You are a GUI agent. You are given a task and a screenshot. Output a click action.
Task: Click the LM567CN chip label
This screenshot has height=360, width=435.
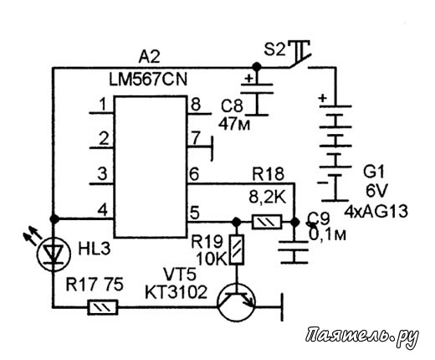148,80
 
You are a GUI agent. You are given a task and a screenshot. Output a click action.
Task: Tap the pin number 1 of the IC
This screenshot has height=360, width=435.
103,105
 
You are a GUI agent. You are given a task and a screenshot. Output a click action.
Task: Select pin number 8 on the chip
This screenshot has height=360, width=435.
196,105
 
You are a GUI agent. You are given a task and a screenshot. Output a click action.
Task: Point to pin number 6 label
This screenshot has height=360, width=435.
194,174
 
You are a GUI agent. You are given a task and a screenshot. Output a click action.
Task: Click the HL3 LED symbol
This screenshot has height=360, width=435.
53,254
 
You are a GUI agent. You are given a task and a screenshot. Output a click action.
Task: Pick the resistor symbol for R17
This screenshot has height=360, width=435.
103,307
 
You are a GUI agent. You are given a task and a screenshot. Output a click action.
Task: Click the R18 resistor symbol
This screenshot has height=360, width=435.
267,222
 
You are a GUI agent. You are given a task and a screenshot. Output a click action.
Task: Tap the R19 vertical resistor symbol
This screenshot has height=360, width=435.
237,249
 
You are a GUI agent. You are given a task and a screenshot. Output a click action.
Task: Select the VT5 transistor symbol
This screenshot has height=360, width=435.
237,303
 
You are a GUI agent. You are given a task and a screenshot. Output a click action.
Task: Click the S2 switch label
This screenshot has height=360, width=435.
274,50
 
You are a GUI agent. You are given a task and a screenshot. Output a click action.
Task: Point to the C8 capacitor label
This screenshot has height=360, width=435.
232,106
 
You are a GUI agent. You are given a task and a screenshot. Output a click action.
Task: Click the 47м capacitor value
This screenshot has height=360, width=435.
234,124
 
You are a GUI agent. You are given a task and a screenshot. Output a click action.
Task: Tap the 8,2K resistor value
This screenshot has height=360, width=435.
268,198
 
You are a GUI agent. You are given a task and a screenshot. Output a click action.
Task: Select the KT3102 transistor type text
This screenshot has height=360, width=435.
177,292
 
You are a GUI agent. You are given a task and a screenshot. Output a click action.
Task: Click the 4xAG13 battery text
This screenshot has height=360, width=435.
376,212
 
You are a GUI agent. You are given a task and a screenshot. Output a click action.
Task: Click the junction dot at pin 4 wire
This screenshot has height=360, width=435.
54,219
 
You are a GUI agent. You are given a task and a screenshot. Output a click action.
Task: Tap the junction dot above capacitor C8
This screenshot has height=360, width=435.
257,67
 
